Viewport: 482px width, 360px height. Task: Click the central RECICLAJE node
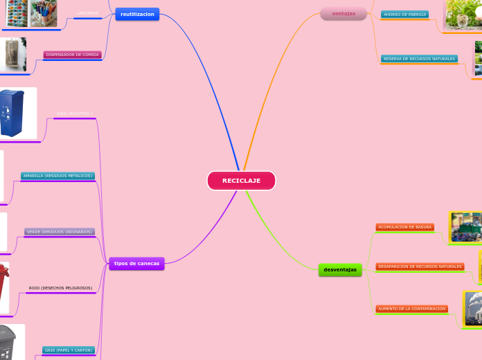click(x=241, y=181)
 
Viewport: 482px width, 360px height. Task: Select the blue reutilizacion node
click(x=137, y=14)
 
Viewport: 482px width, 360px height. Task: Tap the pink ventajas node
click(x=343, y=14)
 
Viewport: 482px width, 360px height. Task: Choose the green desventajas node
click(x=340, y=269)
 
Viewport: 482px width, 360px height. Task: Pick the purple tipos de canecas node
click(x=136, y=263)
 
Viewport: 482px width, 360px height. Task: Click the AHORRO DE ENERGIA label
click(x=404, y=15)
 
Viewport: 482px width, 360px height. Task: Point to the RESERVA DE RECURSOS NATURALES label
click(x=419, y=59)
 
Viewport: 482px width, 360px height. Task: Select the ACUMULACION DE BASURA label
click(x=405, y=227)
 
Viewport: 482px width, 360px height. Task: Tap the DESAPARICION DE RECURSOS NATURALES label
click(x=420, y=267)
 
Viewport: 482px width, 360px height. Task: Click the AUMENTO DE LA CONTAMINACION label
click(x=411, y=309)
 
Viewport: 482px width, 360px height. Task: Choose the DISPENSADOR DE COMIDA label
click(x=73, y=55)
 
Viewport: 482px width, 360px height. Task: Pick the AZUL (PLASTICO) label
click(x=74, y=114)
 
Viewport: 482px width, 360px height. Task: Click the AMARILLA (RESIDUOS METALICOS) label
click(x=57, y=176)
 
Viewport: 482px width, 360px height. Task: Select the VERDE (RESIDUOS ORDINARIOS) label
click(x=59, y=232)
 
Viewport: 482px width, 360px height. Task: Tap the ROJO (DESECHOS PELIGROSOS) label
click(x=60, y=288)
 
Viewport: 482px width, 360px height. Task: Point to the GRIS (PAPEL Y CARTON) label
click(x=68, y=350)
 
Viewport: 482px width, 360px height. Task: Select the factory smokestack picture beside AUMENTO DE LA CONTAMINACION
click(x=473, y=307)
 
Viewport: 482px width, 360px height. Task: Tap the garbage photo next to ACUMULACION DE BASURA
click(x=466, y=227)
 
